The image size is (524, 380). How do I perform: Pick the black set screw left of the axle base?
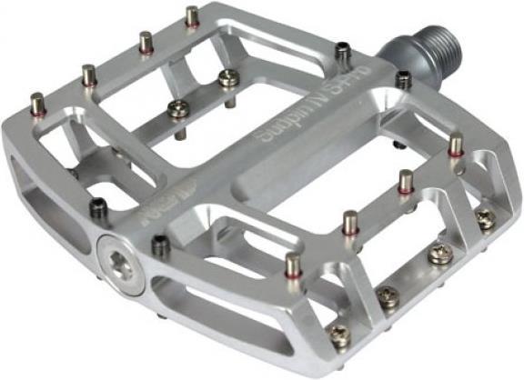click(x=342, y=52)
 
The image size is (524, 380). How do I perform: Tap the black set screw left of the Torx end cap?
click(x=96, y=208)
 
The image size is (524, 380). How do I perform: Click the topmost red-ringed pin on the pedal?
click(x=192, y=16)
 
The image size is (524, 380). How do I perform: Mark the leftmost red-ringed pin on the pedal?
click(x=36, y=103)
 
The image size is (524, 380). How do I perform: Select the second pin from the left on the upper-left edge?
click(x=88, y=74)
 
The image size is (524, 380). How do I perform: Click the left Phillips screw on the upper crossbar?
click(x=179, y=109)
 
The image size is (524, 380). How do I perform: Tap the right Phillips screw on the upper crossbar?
click(x=228, y=79)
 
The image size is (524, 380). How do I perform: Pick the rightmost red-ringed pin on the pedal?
click(x=456, y=144)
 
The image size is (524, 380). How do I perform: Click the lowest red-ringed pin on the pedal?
click(x=293, y=265)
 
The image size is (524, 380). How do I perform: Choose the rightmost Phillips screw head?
click(x=486, y=217)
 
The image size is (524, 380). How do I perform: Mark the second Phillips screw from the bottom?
click(x=388, y=296)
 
